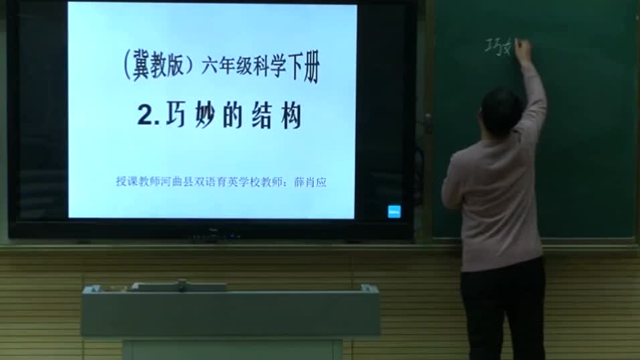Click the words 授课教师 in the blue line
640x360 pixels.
tap(134, 182)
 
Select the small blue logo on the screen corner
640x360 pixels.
tap(394, 211)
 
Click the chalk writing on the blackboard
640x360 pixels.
tap(498, 48)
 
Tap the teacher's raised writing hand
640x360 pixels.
tap(523, 50)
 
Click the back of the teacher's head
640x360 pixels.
tap(501, 111)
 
